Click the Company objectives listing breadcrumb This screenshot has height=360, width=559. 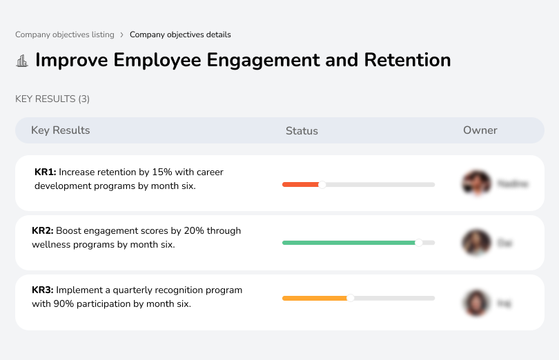[63, 34]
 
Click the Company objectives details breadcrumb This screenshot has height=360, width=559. [180, 34]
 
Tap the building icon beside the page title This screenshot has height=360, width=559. [22, 61]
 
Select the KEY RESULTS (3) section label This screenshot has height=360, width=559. [52, 99]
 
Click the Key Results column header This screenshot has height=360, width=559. [60, 130]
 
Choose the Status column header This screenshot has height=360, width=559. [302, 130]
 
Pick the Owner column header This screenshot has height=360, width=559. [480, 130]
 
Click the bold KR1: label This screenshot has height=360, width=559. [45, 172]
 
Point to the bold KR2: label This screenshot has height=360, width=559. [43, 231]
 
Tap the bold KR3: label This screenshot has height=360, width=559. [43, 290]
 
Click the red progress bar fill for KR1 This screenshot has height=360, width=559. [300, 185]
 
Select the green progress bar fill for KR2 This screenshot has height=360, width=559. [349, 243]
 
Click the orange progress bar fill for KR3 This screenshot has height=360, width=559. [315, 298]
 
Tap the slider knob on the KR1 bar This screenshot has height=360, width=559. [322, 185]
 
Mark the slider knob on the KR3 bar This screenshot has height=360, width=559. [351, 298]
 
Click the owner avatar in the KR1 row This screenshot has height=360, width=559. [475, 183]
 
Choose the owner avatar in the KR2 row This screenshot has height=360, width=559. [475, 243]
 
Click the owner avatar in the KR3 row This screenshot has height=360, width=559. [475, 302]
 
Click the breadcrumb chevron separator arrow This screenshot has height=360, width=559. [121, 34]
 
